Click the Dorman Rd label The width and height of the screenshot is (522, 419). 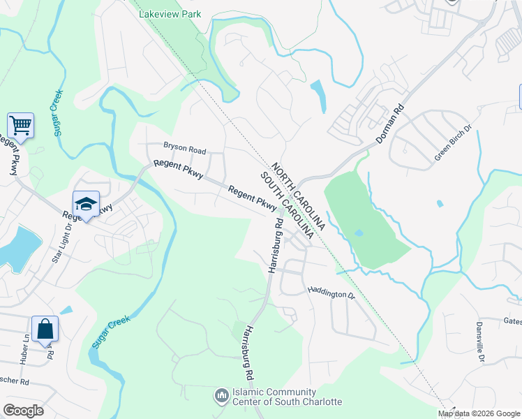390,125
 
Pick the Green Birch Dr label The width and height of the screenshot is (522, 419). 453,144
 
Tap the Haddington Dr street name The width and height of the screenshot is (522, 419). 332,294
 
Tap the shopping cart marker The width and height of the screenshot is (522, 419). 21,126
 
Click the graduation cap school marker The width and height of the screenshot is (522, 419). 86,204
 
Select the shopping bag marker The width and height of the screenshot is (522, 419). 45,329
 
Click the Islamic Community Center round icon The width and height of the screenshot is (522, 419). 222,396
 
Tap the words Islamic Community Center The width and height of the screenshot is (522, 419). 287,396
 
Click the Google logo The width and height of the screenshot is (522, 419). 24,411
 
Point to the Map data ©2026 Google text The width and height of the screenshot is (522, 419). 478,413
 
